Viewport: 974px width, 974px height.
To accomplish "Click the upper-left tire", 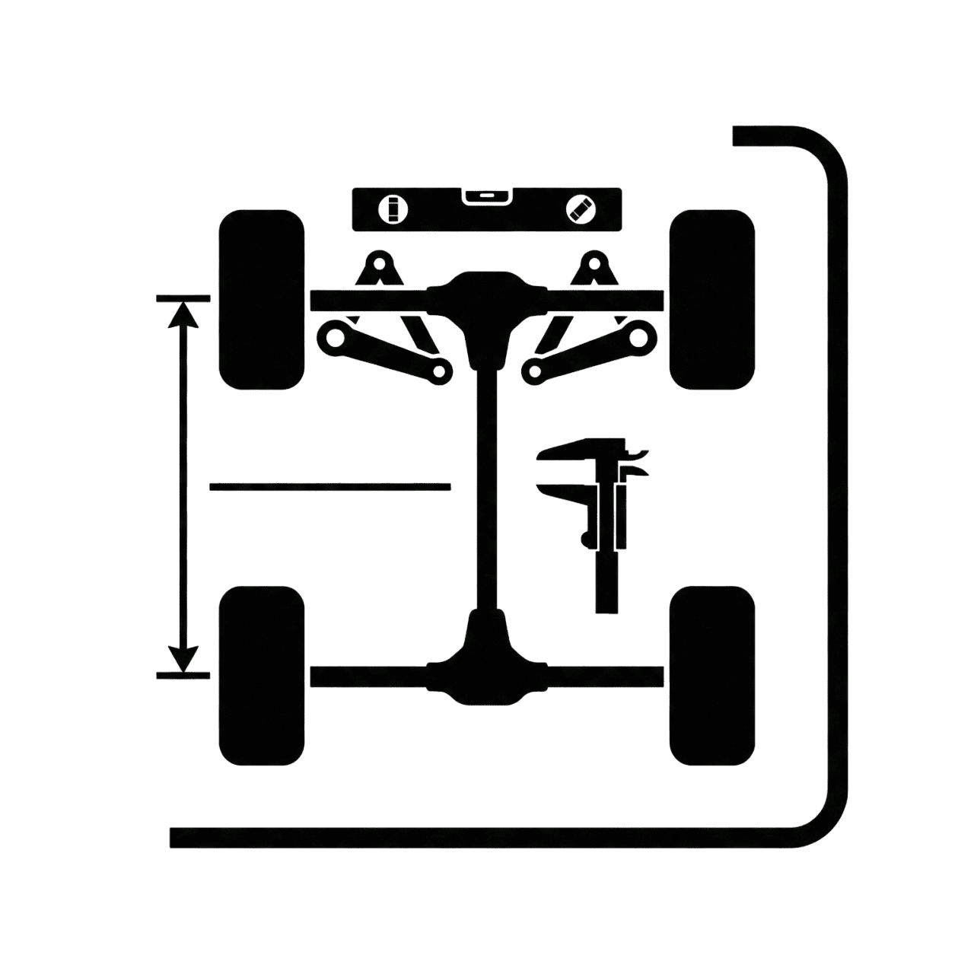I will [x=261, y=300].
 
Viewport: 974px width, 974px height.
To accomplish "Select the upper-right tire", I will [x=711, y=300].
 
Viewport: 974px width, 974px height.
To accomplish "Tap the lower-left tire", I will [x=261, y=676].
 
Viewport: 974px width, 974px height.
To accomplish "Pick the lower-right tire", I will [x=711, y=676].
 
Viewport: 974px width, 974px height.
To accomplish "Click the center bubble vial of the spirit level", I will [x=486, y=197].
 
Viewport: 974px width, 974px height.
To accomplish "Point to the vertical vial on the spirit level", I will [x=393, y=209].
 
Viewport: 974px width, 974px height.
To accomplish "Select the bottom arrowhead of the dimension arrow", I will [x=183, y=657].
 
